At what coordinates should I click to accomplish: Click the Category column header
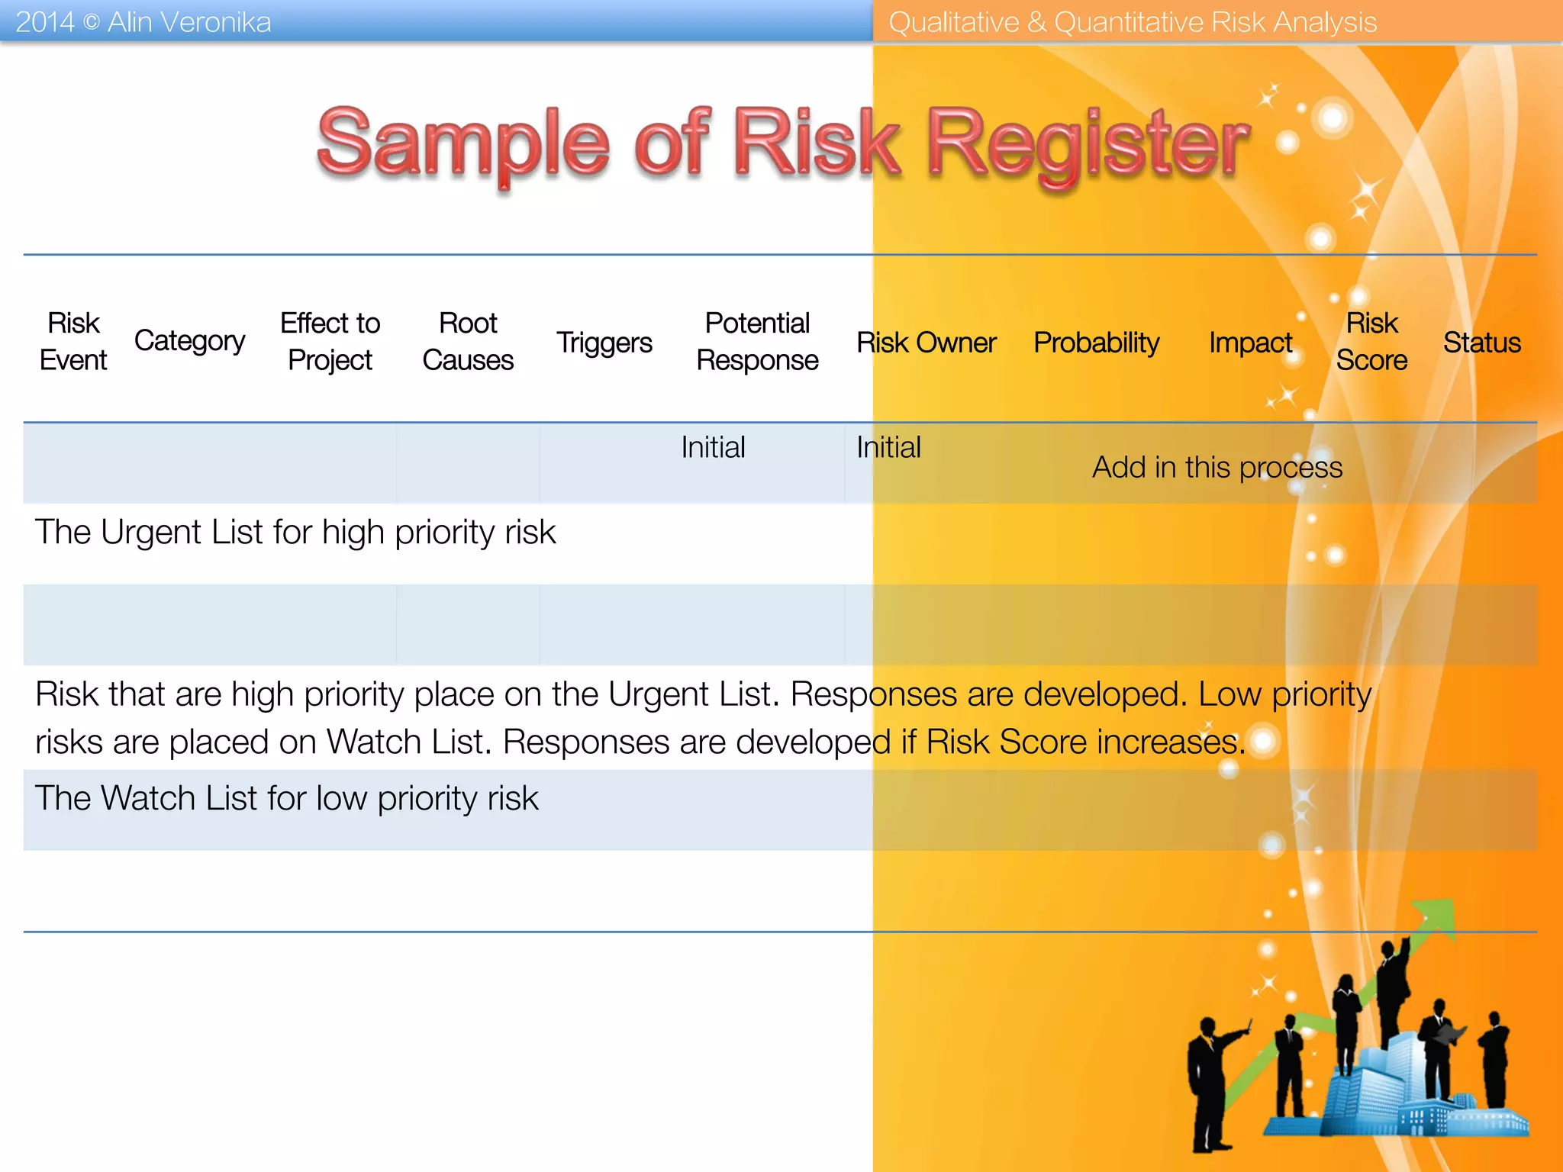click(x=189, y=340)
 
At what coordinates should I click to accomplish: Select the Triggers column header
click(x=604, y=343)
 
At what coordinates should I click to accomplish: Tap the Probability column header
click(x=1096, y=343)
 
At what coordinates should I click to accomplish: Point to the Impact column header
click(x=1250, y=343)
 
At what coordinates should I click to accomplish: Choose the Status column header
click(x=1481, y=343)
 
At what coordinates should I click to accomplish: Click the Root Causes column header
click(x=468, y=341)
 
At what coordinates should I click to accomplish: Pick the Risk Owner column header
click(x=926, y=343)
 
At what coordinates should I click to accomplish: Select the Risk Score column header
click(x=1371, y=341)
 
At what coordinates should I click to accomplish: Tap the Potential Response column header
click(x=757, y=341)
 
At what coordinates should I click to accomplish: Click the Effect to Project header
click(x=330, y=341)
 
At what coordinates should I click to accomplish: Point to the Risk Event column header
click(x=73, y=341)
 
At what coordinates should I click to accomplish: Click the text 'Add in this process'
click(x=1217, y=467)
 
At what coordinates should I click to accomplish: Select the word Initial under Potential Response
click(x=713, y=447)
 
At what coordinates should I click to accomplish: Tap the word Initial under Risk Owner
click(x=888, y=447)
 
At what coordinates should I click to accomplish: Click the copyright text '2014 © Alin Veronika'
click(x=143, y=22)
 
